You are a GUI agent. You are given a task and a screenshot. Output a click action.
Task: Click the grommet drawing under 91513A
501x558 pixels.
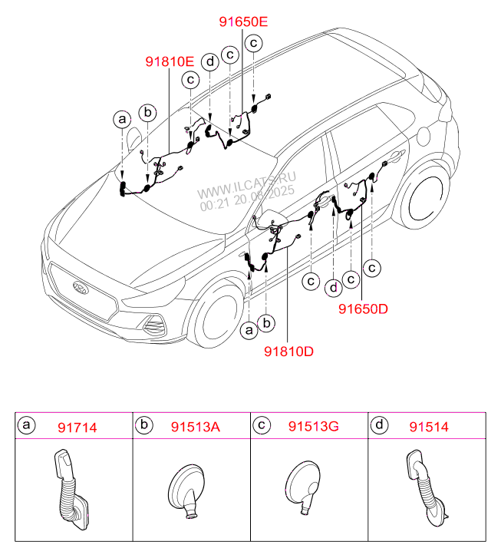click(186, 490)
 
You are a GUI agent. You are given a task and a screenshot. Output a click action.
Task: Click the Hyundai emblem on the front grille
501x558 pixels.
click(80, 289)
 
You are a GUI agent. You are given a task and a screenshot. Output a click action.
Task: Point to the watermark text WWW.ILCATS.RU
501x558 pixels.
click(247, 184)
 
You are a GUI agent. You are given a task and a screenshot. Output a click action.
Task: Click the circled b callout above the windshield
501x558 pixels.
click(149, 112)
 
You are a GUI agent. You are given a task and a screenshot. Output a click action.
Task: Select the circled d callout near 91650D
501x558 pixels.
click(334, 288)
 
